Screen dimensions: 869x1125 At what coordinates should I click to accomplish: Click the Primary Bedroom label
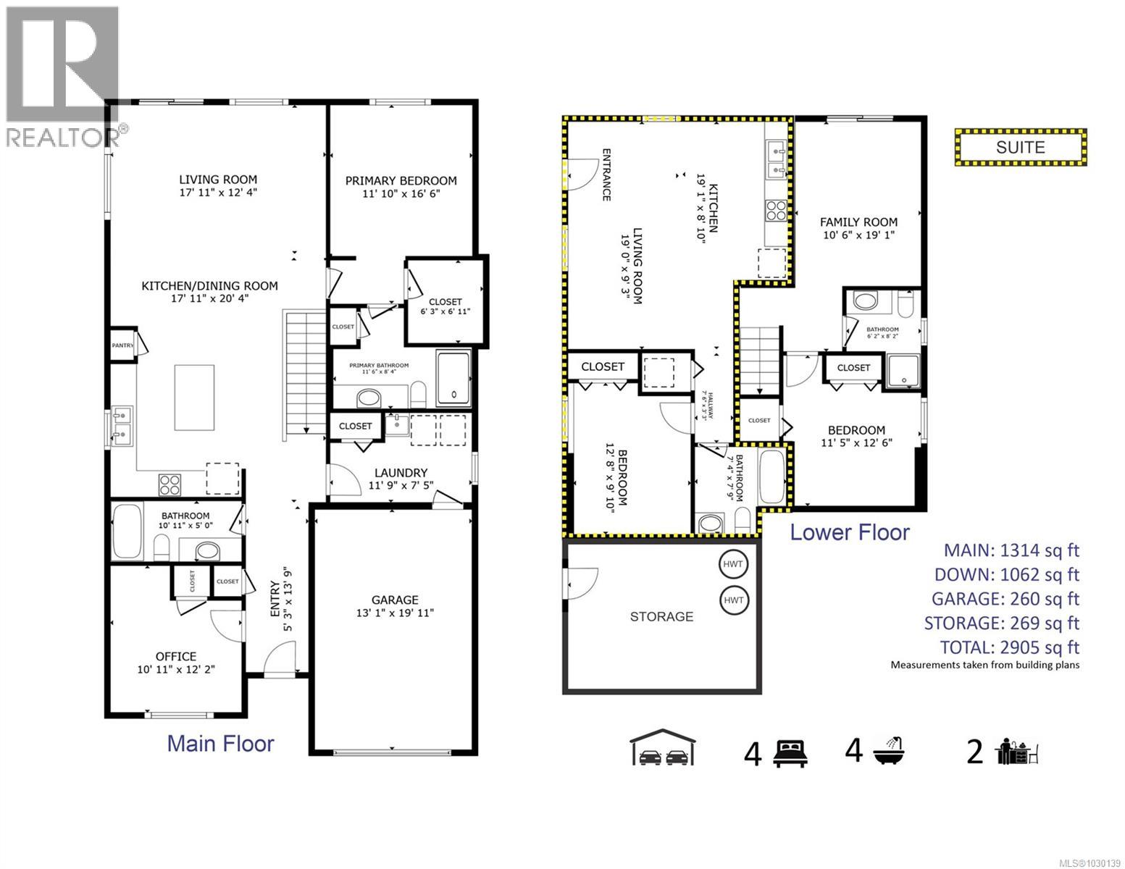point(401,181)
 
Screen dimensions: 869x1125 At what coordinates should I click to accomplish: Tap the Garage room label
point(395,600)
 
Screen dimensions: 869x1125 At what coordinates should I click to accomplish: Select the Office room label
point(177,657)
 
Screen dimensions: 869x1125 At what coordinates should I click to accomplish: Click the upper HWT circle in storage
point(734,565)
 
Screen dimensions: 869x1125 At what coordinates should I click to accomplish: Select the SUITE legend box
point(1020,148)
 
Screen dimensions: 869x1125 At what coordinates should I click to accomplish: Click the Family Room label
point(858,222)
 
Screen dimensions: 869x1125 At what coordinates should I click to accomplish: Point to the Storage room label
point(661,617)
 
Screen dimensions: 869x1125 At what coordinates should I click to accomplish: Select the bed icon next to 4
point(789,754)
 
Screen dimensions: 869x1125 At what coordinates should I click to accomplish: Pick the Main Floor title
point(220,744)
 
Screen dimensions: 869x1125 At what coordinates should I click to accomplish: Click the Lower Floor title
point(849,532)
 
